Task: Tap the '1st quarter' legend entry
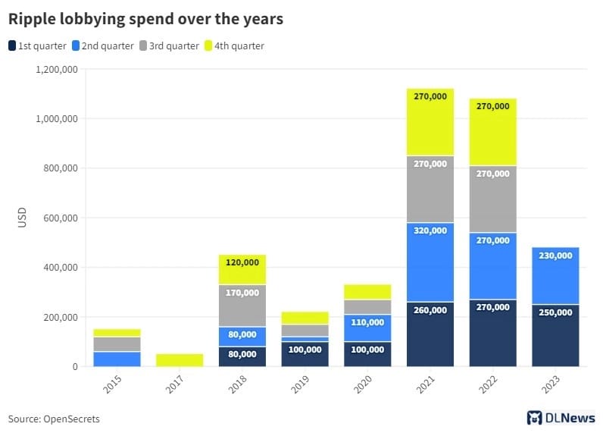38,45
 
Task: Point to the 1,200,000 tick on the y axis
57,70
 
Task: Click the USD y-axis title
22,218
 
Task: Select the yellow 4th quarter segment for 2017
180,360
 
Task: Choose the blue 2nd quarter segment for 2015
117,359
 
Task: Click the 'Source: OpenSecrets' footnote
54,419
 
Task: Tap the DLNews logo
561,418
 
